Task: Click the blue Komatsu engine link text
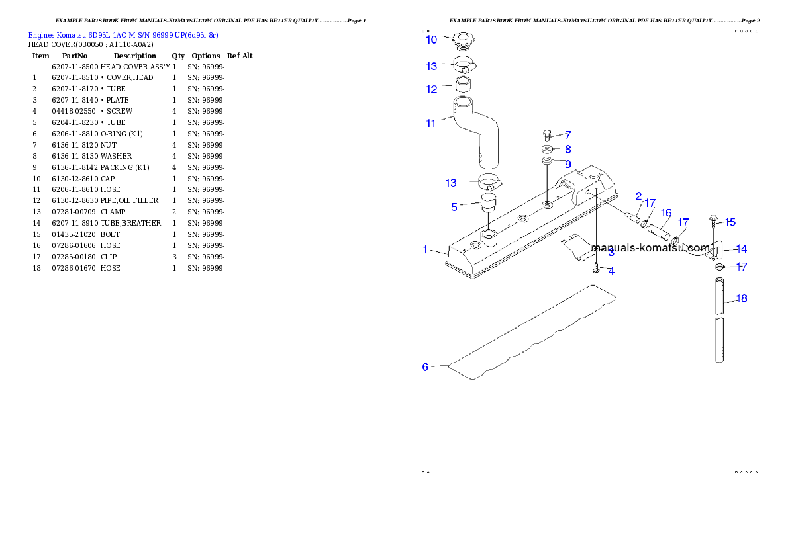pos(123,35)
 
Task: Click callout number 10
pos(431,40)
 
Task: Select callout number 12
pos(432,89)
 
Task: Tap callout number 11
pos(431,123)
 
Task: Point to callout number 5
pos(454,207)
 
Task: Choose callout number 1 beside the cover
pos(426,249)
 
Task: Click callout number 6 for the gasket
pos(426,366)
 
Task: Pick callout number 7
pos(567,135)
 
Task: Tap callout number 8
pos(567,150)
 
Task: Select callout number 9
pos(567,163)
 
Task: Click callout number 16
pos(666,213)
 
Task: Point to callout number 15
pos(730,222)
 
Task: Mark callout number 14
pos(742,249)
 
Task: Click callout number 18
pos(742,298)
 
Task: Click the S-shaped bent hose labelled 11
pos(477,132)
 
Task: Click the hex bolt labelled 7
pos(546,135)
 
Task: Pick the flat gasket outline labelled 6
pos(530,334)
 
